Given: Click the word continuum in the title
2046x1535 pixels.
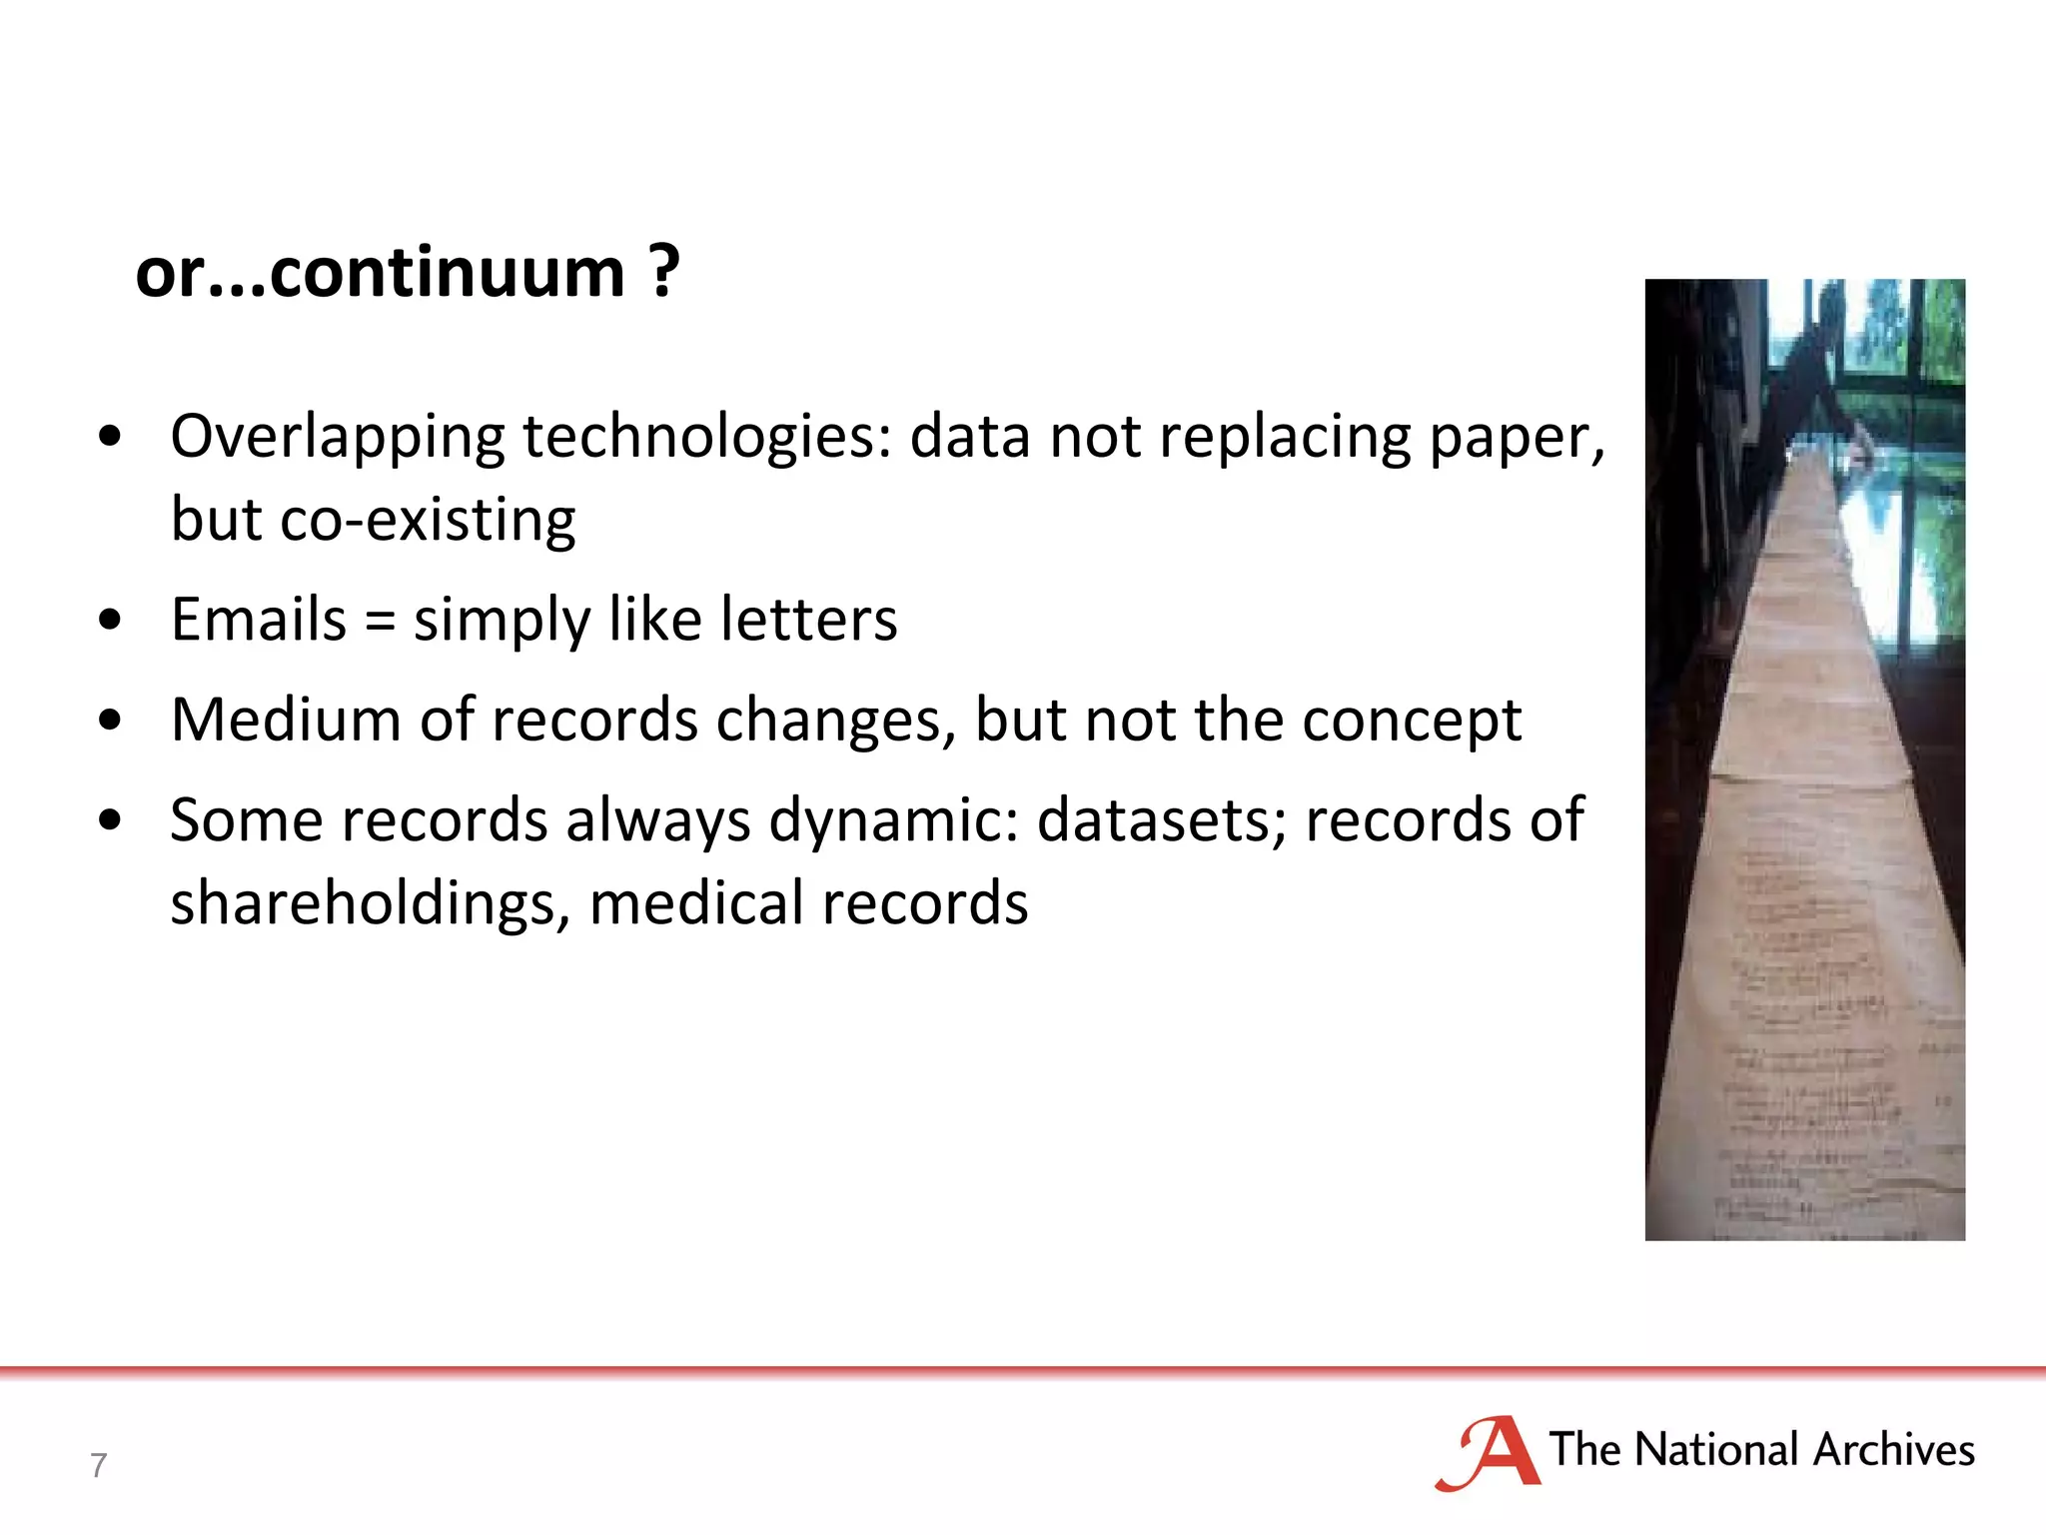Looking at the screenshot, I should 447,272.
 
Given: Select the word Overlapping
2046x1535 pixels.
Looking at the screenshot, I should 338,438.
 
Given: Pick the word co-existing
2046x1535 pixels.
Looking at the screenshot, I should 428,520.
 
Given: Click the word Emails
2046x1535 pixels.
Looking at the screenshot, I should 258,620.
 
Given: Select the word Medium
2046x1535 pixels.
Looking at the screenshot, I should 286,720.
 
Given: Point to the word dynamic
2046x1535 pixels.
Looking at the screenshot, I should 893,821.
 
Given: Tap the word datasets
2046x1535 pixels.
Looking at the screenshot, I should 1163,821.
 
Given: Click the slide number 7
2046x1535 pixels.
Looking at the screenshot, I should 98,1465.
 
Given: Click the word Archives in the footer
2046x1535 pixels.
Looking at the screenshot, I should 1894,1450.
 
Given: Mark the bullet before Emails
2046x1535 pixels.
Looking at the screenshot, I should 110,620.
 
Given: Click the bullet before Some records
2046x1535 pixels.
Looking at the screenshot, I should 110,820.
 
